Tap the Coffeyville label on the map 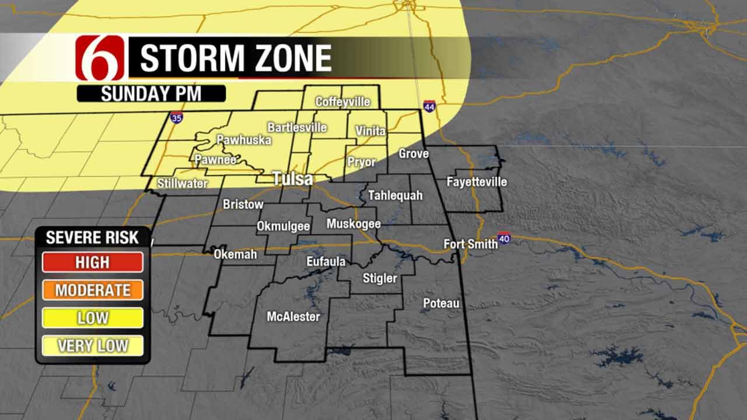[x=343, y=102]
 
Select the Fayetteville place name [x=476, y=182]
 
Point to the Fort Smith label [x=470, y=244]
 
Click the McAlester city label [x=293, y=317]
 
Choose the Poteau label [x=441, y=303]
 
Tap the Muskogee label [x=353, y=224]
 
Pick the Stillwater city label [x=182, y=184]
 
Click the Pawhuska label [x=236, y=140]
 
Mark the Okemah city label [x=235, y=254]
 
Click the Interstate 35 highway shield [x=176, y=118]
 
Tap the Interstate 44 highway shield [x=430, y=106]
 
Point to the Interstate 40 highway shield [x=504, y=238]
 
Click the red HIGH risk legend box [x=92, y=262]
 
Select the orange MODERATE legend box [x=92, y=290]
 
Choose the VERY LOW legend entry [x=92, y=346]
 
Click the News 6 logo [x=100, y=58]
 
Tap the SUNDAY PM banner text [x=151, y=94]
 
